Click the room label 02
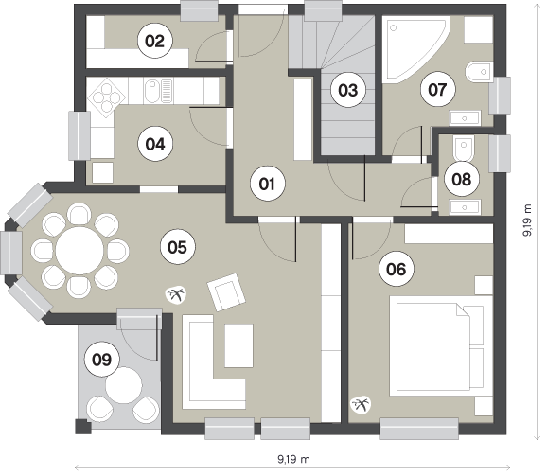pyautogui.click(x=154, y=41)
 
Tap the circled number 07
pyautogui.click(x=437, y=89)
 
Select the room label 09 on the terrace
pyautogui.click(x=101, y=360)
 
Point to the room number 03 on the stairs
pyautogui.click(x=348, y=90)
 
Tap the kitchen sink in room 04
pyautogui.click(x=158, y=91)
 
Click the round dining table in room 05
pyautogui.click(x=79, y=251)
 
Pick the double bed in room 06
pyautogui.click(x=441, y=346)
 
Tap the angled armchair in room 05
pyautogui.click(x=226, y=291)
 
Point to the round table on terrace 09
pyautogui.click(x=124, y=385)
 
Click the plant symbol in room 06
pyautogui.click(x=361, y=404)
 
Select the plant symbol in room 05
pyautogui.click(x=175, y=295)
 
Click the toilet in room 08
pyautogui.click(x=464, y=148)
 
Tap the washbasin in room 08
pyautogui.click(x=465, y=207)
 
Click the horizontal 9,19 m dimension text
pyautogui.click(x=293, y=459)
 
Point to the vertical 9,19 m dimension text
pyautogui.click(x=527, y=220)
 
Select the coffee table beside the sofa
pyautogui.click(x=239, y=345)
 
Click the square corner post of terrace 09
pyautogui.click(x=83, y=427)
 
